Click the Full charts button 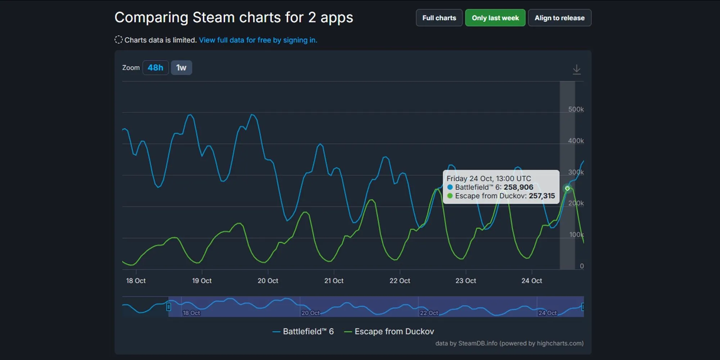point(439,18)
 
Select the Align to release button point(559,18)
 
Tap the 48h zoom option point(156,68)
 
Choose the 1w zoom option point(181,68)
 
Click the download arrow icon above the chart point(576,69)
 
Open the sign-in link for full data point(258,40)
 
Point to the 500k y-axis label point(576,109)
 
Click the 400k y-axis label point(576,141)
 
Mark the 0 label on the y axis point(581,266)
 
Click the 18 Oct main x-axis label point(136,281)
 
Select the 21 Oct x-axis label point(334,281)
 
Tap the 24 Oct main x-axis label point(531,281)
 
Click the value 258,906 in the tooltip point(518,187)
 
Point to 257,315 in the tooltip point(541,196)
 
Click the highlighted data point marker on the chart point(567,188)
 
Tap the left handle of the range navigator point(168,307)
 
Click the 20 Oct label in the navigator point(310,313)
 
